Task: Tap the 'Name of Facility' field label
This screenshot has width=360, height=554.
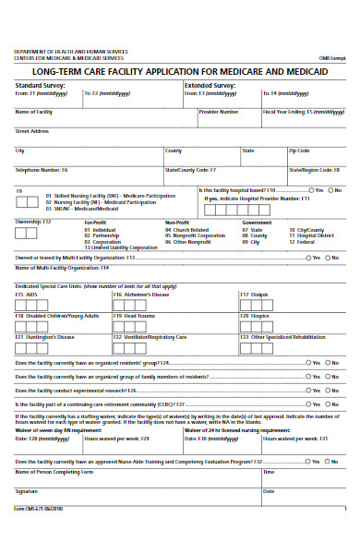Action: (x=33, y=111)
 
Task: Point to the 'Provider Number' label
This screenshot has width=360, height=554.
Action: (x=219, y=111)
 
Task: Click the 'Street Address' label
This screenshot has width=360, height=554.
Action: (x=31, y=130)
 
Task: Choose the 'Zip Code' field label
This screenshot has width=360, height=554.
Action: (x=300, y=150)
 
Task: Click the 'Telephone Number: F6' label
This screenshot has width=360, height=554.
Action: (x=42, y=170)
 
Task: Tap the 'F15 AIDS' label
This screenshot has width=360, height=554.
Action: (x=26, y=295)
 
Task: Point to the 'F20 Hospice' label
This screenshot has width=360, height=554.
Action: (x=255, y=315)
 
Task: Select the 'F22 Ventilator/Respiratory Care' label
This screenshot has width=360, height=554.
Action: (x=150, y=337)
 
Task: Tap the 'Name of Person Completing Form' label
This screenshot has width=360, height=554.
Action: (x=54, y=472)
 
